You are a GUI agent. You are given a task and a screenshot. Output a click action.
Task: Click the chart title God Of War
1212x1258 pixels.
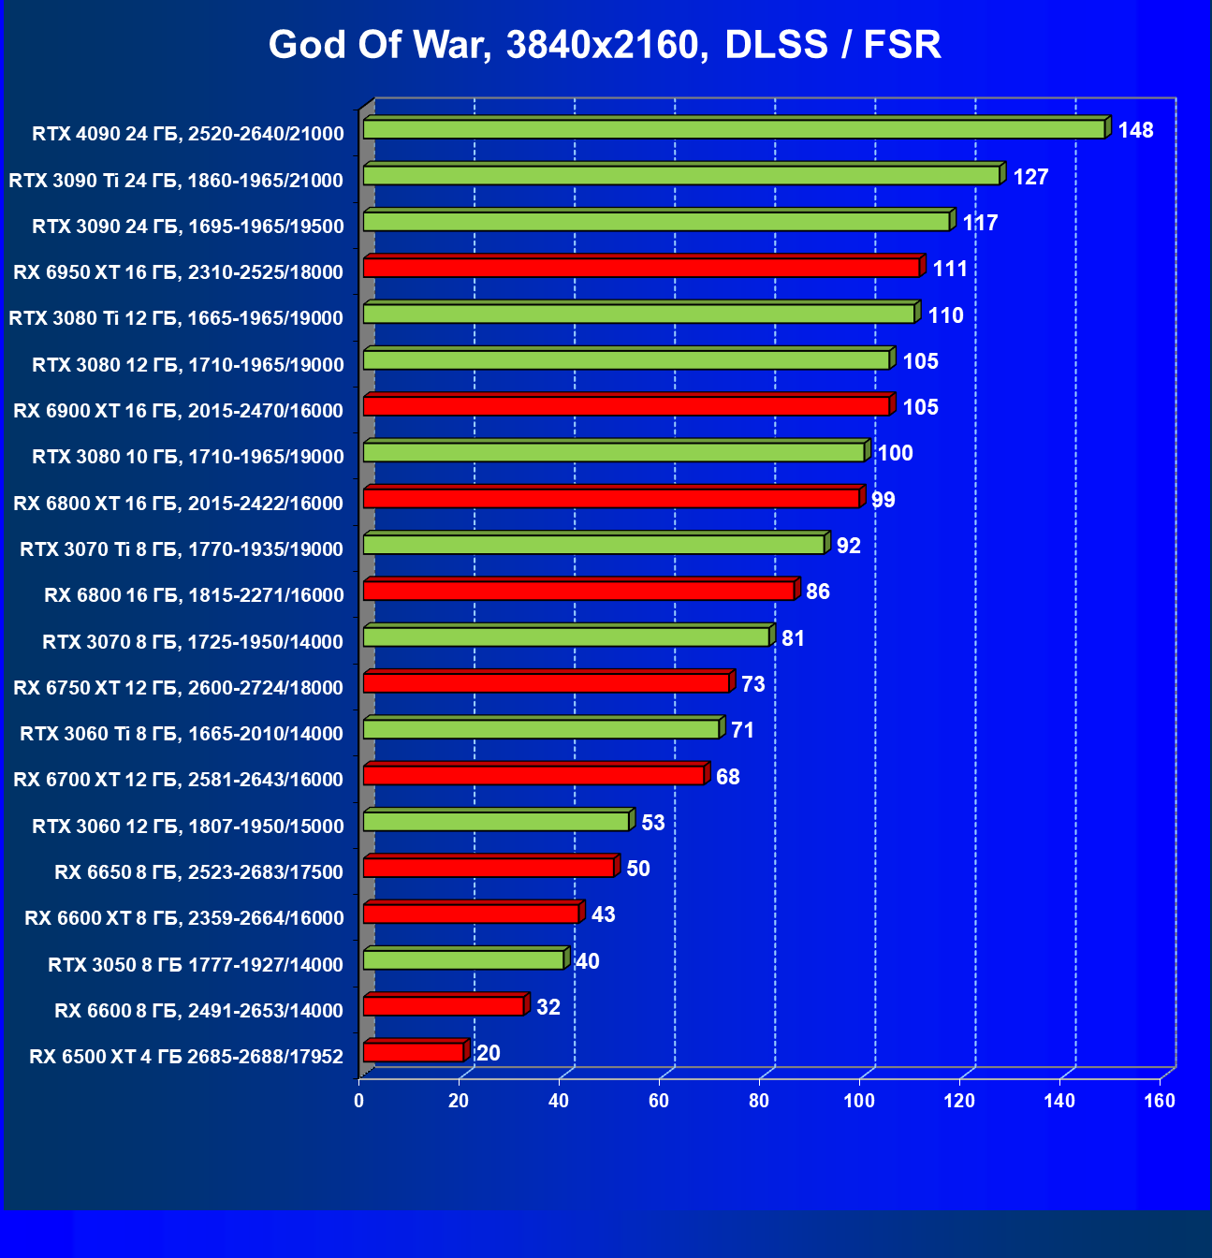605,45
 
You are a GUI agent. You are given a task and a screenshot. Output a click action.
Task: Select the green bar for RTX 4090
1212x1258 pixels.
735,129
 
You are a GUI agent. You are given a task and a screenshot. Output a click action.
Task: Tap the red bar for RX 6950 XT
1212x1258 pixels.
642,268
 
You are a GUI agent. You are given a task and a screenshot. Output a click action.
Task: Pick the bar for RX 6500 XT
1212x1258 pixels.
414,1052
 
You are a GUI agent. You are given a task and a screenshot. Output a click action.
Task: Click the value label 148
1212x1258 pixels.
1135,130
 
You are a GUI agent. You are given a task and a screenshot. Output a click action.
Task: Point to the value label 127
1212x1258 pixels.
1030,177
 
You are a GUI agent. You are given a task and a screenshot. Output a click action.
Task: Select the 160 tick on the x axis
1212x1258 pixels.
1160,1101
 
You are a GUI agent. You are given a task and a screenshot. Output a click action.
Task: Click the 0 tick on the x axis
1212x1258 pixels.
359,1101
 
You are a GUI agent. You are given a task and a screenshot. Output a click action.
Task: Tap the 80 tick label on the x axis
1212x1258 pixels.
759,1101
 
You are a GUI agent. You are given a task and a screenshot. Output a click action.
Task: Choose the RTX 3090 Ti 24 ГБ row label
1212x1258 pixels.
176,180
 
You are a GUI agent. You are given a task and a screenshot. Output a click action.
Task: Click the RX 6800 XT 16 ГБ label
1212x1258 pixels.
178,503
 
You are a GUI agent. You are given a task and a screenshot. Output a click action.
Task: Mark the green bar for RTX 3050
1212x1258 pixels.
464,959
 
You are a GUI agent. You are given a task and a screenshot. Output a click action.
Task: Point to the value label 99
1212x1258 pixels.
883,500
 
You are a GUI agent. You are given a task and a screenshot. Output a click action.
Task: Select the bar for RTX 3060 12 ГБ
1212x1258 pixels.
497,821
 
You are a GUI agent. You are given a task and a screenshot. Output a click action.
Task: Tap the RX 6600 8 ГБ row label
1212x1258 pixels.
198,1010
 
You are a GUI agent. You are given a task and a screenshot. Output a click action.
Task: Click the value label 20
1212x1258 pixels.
488,1053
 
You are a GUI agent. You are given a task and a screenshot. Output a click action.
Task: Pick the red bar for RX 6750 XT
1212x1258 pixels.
547,682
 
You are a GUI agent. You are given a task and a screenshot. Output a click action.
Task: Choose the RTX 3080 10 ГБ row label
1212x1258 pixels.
188,457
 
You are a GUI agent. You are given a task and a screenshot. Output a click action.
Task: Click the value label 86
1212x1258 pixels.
817,592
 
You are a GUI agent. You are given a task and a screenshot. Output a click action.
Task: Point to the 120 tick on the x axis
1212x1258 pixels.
959,1101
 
